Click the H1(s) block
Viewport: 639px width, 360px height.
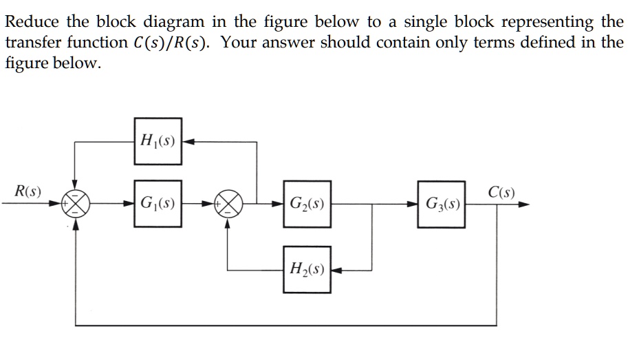[158, 141]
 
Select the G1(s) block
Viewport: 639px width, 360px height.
[158, 204]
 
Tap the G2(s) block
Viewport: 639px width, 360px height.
[307, 204]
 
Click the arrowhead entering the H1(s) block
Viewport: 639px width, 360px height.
[188, 142]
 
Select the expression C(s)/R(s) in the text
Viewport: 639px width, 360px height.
[173, 43]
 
